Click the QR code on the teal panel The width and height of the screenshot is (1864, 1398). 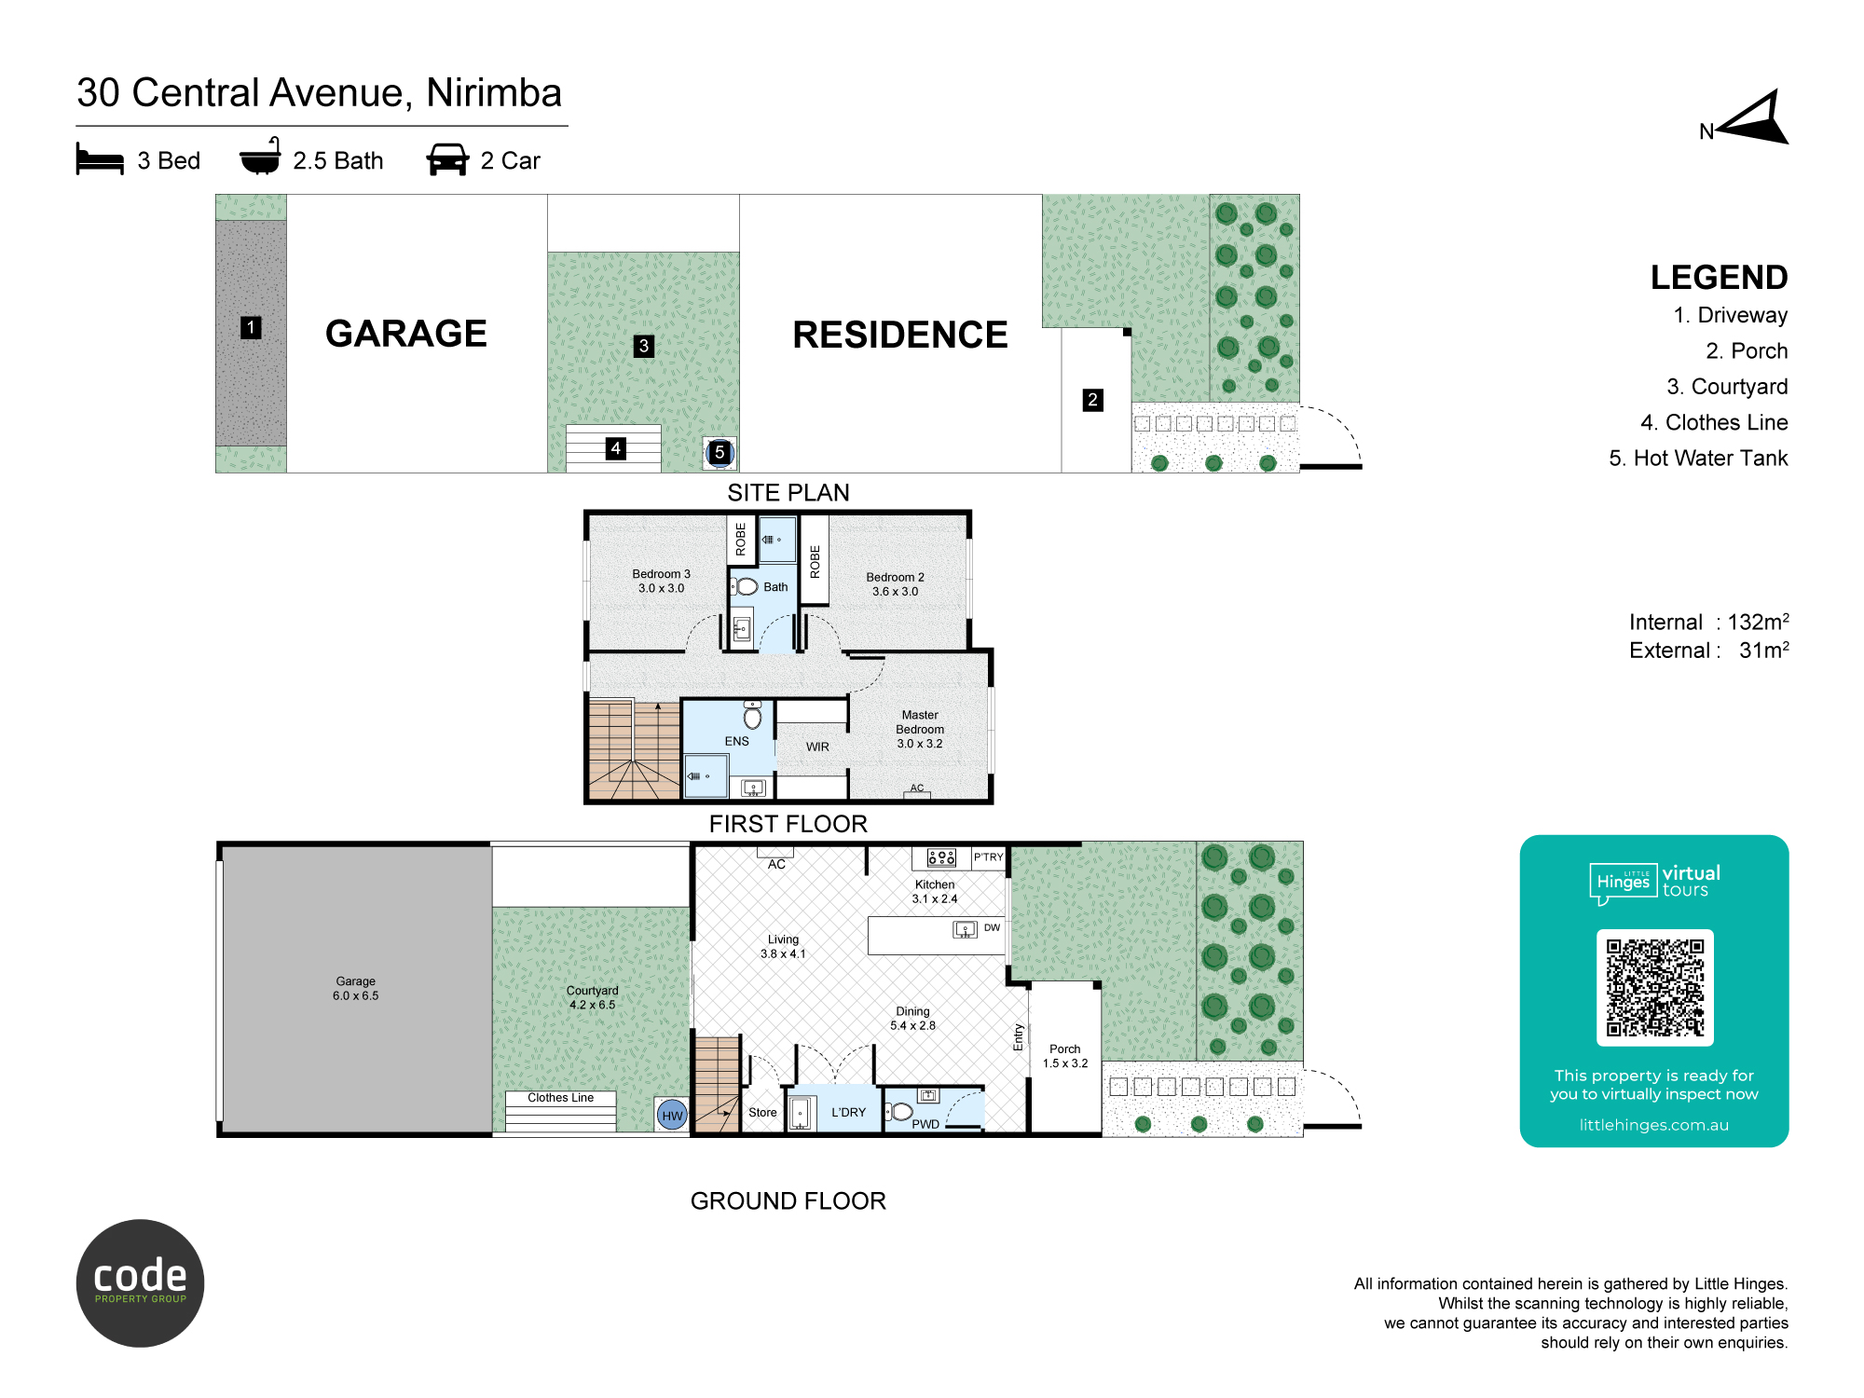(1654, 987)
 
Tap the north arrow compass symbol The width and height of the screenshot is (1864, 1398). (1752, 117)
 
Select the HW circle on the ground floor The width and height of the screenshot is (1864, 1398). (672, 1115)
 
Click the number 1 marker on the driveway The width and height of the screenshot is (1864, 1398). (251, 327)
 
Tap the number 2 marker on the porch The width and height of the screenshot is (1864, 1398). (1093, 400)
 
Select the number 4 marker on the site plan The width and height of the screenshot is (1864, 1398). (615, 448)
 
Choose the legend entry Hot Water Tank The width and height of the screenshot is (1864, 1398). (1698, 458)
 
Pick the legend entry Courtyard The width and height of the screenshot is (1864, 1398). (1727, 387)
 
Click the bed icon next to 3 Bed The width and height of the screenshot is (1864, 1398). (100, 158)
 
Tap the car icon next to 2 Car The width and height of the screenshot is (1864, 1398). (447, 159)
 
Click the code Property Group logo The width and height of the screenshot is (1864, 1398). (140, 1282)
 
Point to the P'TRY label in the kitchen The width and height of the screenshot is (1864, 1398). (988, 857)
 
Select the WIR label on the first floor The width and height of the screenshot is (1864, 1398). (817, 747)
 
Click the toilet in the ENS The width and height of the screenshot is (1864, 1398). (753, 714)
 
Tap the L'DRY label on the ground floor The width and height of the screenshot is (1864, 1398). (848, 1112)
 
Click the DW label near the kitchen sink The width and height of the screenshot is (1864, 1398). (992, 927)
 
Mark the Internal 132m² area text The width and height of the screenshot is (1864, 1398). (1708, 622)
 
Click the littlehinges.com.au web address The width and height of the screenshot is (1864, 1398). (1653, 1125)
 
